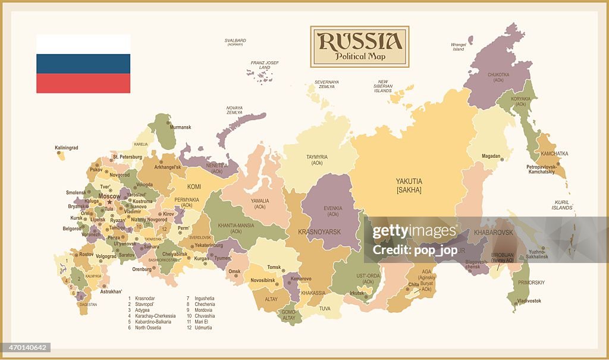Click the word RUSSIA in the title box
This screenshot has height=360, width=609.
(359, 41)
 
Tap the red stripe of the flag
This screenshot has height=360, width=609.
(83, 83)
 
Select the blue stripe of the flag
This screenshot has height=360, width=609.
(83, 64)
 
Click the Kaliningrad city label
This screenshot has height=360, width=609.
(67, 148)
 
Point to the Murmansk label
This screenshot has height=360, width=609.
(181, 127)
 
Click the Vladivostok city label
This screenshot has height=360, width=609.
(529, 301)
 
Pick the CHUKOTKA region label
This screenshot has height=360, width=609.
(498, 74)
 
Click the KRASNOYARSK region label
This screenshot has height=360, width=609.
(319, 232)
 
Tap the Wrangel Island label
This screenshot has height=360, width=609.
(459, 46)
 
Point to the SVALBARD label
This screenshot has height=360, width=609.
(235, 40)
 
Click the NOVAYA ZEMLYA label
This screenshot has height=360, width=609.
(234, 109)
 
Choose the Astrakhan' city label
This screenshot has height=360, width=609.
(111, 292)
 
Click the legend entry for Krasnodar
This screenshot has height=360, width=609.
(145, 298)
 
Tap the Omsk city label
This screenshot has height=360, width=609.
(234, 271)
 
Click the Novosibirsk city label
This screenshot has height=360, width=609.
(263, 280)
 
